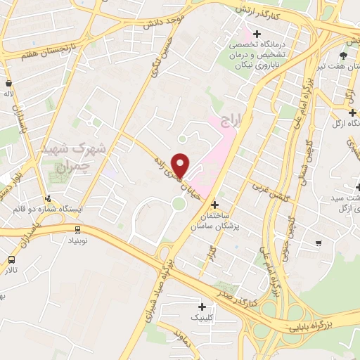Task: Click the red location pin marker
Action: tap(180, 165)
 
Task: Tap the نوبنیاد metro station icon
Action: tap(77, 229)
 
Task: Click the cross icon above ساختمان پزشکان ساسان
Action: tap(214, 205)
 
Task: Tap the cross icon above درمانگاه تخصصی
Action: tap(257, 34)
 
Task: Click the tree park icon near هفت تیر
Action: tap(343, 55)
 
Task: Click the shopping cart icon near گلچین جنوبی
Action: tap(319, 243)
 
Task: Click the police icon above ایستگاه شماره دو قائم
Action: tap(48, 198)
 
